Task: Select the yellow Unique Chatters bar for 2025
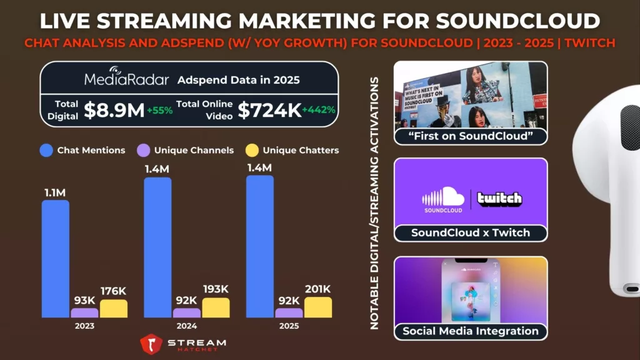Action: [317, 307]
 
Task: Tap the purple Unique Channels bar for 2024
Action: [186, 312]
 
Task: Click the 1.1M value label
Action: [56, 192]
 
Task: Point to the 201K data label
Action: [317, 289]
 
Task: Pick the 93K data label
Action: [84, 300]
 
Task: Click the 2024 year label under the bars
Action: [186, 326]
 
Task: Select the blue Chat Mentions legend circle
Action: [46, 150]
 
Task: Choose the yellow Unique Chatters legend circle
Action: [251, 150]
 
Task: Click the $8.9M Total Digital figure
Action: [114, 110]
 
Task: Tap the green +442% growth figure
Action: [319, 110]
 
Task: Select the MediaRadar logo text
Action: [127, 80]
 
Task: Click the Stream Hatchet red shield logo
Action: [151, 344]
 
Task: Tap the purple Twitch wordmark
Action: [499, 199]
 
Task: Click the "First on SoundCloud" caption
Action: [470, 136]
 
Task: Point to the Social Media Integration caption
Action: [470, 331]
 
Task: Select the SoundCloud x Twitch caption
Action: [470, 232]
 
